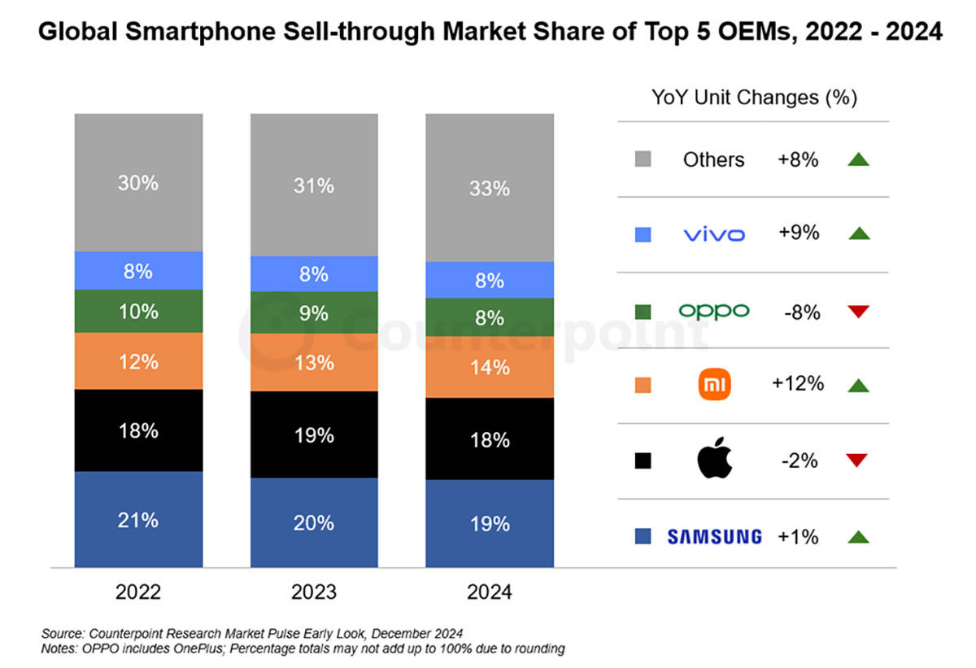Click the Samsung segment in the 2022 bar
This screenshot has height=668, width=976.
[x=138, y=519]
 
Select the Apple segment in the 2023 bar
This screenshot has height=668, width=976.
[x=314, y=434]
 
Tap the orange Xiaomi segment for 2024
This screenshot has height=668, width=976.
[x=490, y=367]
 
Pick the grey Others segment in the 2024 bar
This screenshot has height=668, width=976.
[x=490, y=188]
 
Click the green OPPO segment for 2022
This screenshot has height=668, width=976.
[x=138, y=311]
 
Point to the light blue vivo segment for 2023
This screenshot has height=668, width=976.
[x=314, y=273]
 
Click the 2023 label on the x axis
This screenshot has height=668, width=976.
[x=314, y=592]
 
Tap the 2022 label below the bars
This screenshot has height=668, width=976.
[x=138, y=592]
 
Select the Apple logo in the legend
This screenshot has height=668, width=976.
[x=715, y=461]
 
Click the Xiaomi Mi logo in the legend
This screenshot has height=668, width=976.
[x=715, y=384]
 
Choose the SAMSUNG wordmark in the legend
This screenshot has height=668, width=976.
[x=714, y=536]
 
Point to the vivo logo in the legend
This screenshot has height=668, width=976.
[x=714, y=234]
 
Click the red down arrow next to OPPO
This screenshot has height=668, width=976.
[x=858, y=311]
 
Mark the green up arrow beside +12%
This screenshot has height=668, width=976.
[x=858, y=386]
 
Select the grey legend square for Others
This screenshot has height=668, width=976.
[x=643, y=159]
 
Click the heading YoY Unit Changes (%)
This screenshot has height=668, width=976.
[x=754, y=98]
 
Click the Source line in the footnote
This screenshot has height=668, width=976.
[x=253, y=632]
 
